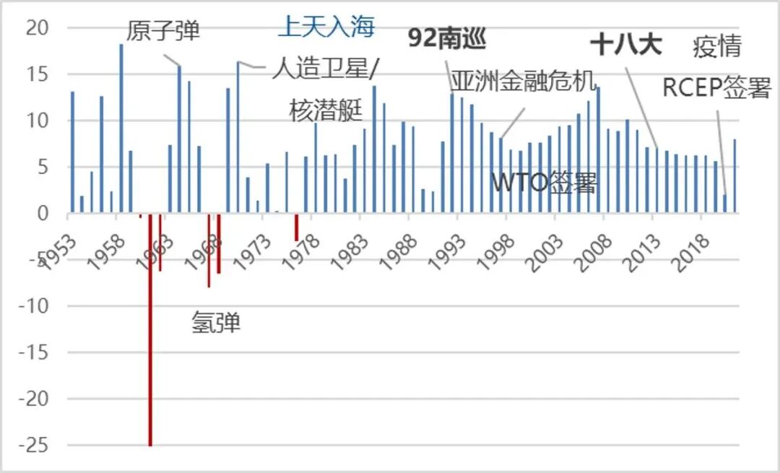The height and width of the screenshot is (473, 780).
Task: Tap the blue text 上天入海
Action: point(326,27)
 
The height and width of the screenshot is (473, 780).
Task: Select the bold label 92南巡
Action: point(447,38)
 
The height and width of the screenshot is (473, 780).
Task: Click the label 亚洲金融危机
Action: point(524,80)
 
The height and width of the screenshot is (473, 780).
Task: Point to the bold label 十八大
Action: point(625,45)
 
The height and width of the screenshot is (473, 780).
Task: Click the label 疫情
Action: point(716,46)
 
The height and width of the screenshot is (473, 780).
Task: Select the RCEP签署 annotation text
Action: point(716,88)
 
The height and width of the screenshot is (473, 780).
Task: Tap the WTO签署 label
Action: point(545,183)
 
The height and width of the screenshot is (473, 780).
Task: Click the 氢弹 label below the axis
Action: point(216,322)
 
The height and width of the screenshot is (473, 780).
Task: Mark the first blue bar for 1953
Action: point(72,152)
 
